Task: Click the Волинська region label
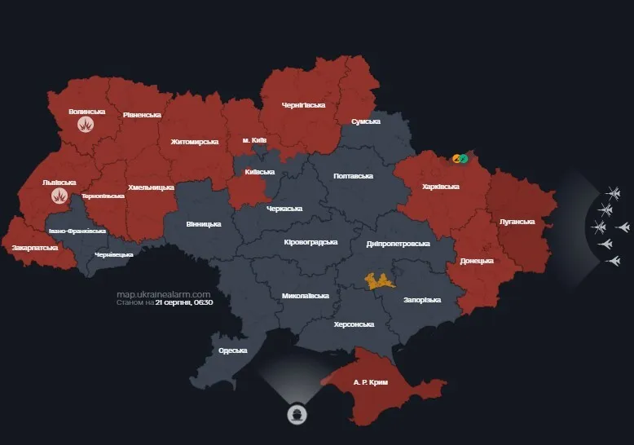[86, 111]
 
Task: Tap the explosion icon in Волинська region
[86, 125]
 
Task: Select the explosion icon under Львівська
[59, 196]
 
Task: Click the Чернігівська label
[303, 105]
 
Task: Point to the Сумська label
[366, 121]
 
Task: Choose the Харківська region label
[442, 187]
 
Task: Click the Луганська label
[517, 221]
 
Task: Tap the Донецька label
[477, 261]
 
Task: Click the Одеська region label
[232, 350]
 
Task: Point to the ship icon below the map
[297, 414]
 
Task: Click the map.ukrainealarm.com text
[164, 293]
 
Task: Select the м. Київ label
[255, 140]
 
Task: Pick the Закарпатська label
[34, 246]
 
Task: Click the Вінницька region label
[203, 223]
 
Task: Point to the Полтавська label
[353, 176]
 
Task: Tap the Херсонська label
[354, 324]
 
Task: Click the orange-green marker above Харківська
[460, 158]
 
